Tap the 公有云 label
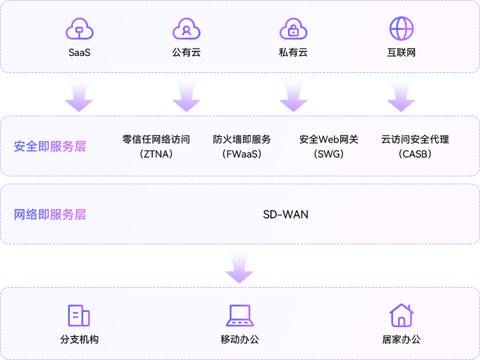[x=186, y=53]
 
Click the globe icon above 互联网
[x=401, y=29]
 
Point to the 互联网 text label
[x=401, y=53]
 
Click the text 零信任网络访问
[x=156, y=139]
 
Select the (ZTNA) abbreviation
[x=156, y=154]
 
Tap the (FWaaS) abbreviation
[x=242, y=154]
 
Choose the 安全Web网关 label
[x=329, y=139]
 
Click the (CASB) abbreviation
[x=415, y=154]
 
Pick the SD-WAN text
[x=286, y=214]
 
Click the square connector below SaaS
[x=77, y=94]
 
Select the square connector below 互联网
[x=399, y=93]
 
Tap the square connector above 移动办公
[x=238, y=266]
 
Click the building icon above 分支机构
[x=79, y=316]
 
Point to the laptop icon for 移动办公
[x=239, y=316]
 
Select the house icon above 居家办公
[x=400, y=315]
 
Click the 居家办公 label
[x=401, y=339]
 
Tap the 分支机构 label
[x=79, y=339]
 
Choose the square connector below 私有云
[x=292, y=94]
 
